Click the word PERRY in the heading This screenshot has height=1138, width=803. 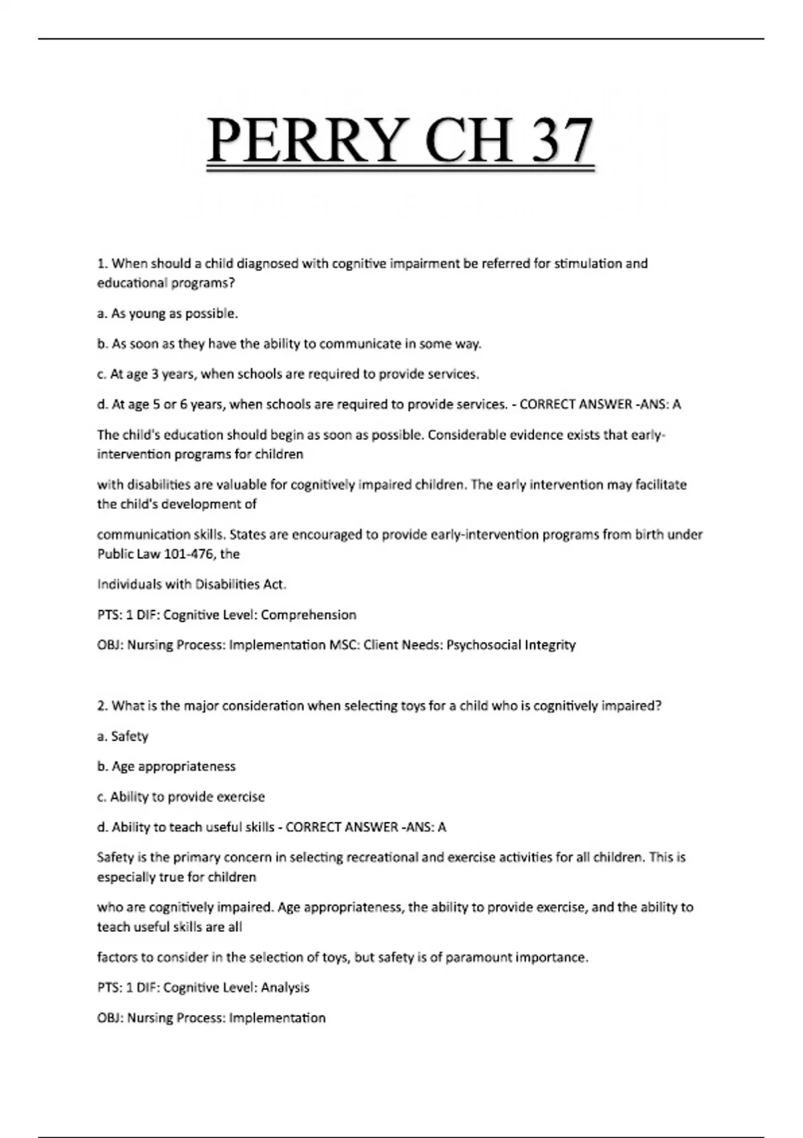(x=308, y=140)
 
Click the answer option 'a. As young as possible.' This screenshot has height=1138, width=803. (x=167, y=313)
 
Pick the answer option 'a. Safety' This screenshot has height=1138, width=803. (x=122, y=736)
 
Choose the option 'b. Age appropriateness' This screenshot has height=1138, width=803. (x=166, y=766)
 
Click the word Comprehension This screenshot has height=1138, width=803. (x=308, y=615)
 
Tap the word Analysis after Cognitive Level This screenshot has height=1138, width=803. (x=285, y=987)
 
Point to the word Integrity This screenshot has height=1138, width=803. (x=550, y=645)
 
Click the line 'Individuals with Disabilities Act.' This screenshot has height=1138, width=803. (x=191, y=584)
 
